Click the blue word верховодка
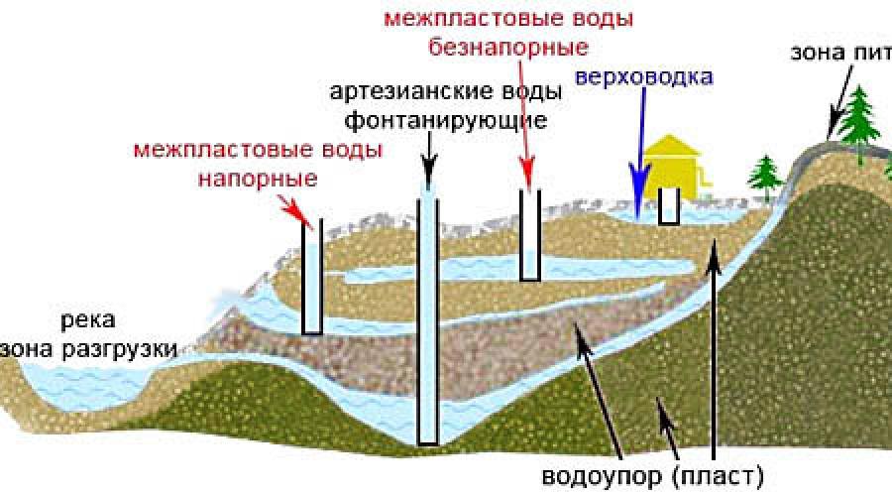pyautogui.click(x=644, y=75)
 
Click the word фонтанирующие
pyautogui.click(x=445, y=121)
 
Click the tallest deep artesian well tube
pyautogui.click(x=428, y=317)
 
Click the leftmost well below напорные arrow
pyautogui.click(x=311, y=278)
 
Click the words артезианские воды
pyautogui.click(x=446, y=91)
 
